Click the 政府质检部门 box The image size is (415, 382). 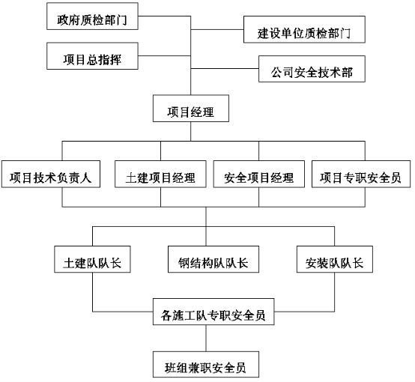tap(92, 16)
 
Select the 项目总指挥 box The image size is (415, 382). tap(92, 56)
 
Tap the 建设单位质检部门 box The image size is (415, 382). tap(304, 29)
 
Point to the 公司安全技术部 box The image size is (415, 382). tap(312, 69)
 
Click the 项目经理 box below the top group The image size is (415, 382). tap(191, 109)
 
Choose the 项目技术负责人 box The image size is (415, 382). tap(51, 175)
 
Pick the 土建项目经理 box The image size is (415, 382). tap(160, 175)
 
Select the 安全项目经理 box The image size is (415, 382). tap(259, 175)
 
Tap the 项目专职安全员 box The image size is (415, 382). tap(361, 175)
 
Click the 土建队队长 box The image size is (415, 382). tap(92, 259)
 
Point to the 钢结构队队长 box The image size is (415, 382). tap(213, 259)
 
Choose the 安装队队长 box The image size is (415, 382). tap(335, 259)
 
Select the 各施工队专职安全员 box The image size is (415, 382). tap(213, 312)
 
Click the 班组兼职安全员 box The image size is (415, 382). tap(206, 364)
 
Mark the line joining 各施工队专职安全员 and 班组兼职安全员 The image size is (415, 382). tap(206, 338)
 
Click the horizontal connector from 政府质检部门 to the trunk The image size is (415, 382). tap(164, 16)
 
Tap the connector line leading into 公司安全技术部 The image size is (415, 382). tap(225, 69)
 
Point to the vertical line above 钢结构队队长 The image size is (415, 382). tap(206, 236)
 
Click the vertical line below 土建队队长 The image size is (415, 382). tap(93, 292)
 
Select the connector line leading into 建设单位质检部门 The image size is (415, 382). tap(217, 29)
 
